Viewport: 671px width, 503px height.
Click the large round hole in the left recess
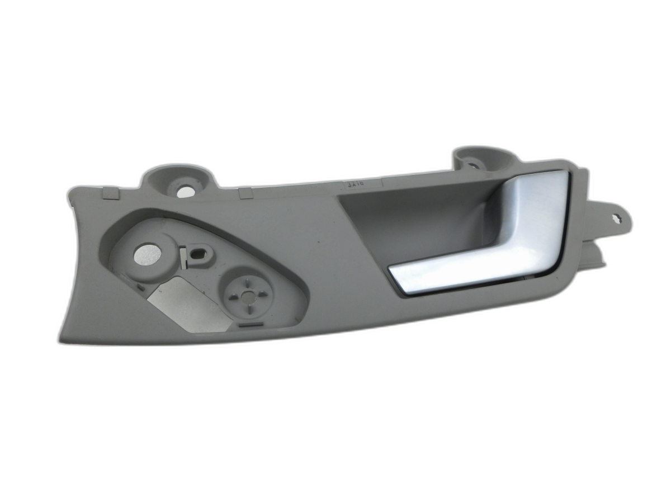[148, 255]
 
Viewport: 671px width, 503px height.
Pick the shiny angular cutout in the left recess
[185, 305]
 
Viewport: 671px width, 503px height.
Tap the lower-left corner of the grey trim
[60, 339]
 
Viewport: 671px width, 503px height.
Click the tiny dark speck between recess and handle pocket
[317, 244]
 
